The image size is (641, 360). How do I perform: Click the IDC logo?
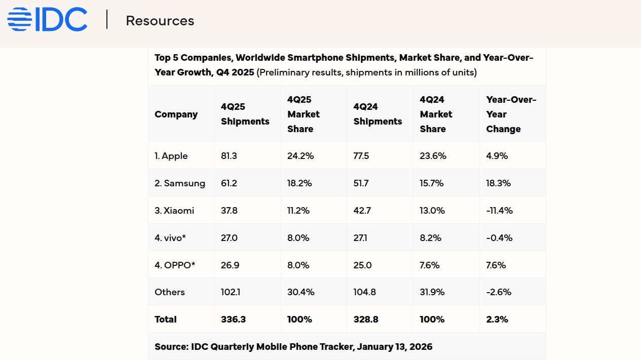(x=47, y=20)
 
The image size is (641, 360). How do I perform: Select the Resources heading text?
(x=160, y=21)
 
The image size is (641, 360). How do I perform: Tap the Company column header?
(x=176, y=114)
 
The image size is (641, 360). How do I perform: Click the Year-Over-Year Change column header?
(x=511, y=114)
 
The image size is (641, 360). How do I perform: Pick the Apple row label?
(x=171, y=156)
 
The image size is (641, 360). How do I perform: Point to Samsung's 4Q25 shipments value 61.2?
(x=229, y=183)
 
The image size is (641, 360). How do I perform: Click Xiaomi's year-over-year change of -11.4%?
(x=499, y=211)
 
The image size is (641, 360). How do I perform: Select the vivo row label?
(x=170, y=238)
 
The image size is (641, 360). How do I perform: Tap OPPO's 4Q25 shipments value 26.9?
(x=230, y=265)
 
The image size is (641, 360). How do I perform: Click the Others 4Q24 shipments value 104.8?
(x=364, y=292)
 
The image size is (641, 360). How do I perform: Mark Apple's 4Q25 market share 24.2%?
(x=300, y=156)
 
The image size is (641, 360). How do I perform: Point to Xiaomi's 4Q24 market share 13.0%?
(x=432, y=211)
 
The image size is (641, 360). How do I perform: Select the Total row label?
(x=166, y=319)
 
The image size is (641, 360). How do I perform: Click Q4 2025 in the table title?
(x=235, y=72)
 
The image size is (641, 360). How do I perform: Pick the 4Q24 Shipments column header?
(x=378, y=114)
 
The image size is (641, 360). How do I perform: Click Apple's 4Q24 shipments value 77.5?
(x=361, y=156)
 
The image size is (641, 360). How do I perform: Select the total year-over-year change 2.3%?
(x=497, y=319)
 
